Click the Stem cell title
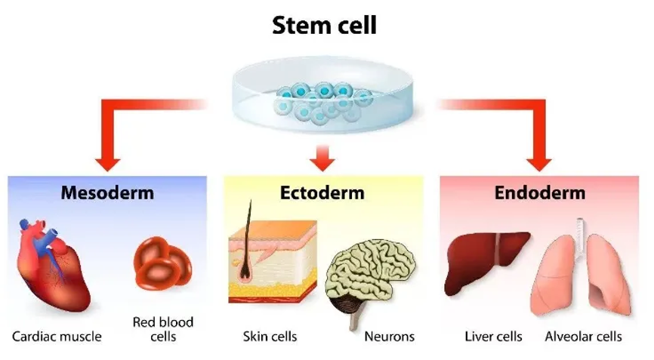[324, 25]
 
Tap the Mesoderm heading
[107, 193]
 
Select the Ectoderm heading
[322, 193]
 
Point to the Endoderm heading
[540, 193]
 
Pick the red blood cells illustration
[162, 263]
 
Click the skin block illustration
[273, 263]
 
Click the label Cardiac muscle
[57, 337]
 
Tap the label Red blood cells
[163, 329]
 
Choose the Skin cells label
[270, 337]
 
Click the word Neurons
[390, 337]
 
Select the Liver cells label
[493, 337]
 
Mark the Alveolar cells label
[584, 337]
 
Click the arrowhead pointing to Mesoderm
[107, 164]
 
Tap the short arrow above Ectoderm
[322, 158]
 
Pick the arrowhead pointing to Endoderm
[539, 164]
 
